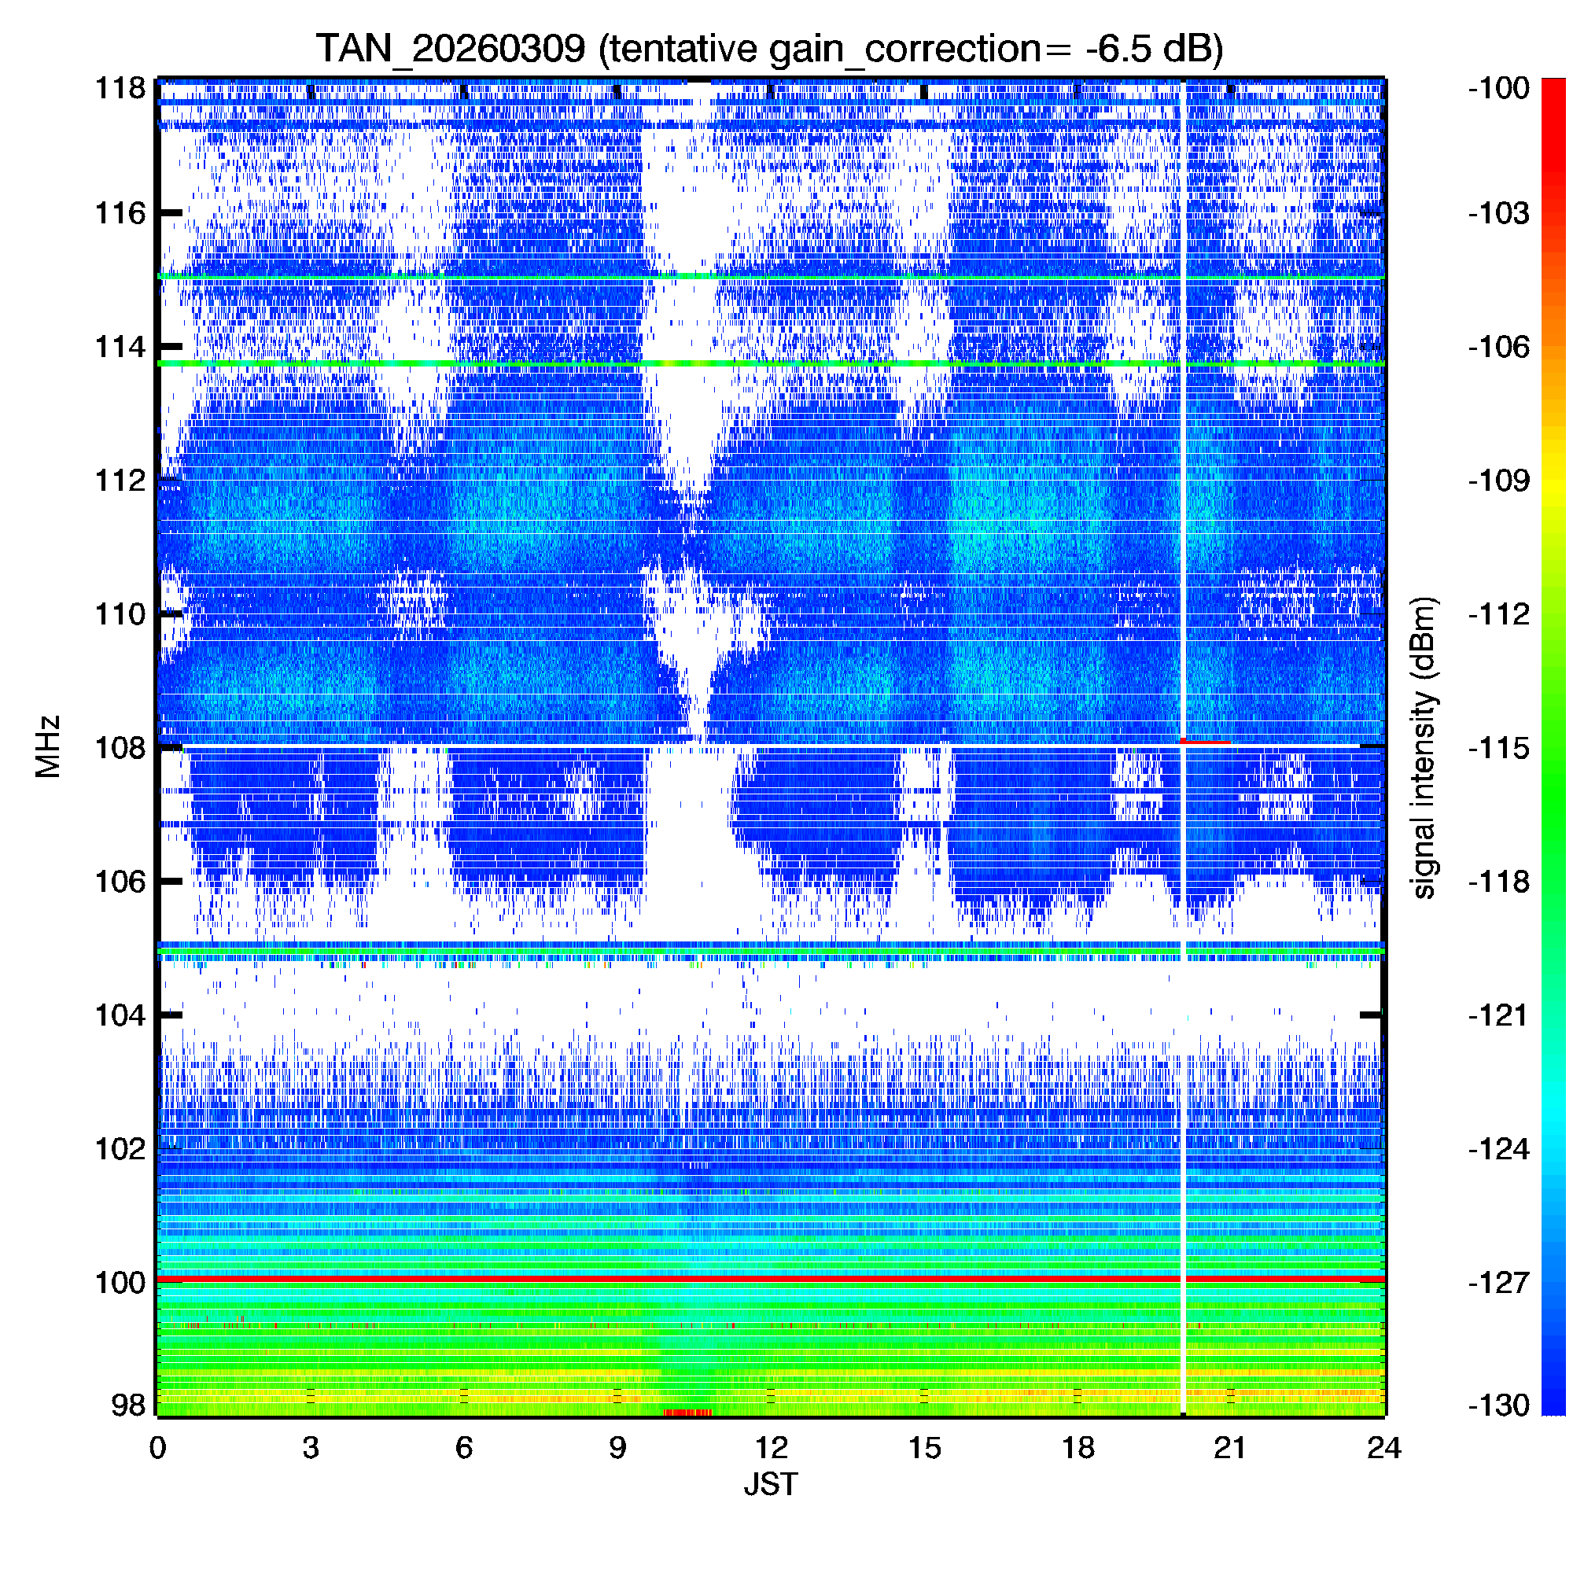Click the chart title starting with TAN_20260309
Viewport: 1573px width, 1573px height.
click(x=769, y=49)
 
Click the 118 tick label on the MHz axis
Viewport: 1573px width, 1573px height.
click(x=120, y=88)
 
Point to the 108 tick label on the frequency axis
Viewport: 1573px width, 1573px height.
click(x=120, y=747)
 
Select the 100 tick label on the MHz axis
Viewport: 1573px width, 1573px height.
click(x=120, y=1283)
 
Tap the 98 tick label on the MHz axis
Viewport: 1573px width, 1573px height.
click(x=128, y=1405)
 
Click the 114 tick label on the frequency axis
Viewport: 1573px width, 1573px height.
click(x=120, y=347)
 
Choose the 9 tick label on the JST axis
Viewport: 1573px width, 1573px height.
click(x=617, y=1448)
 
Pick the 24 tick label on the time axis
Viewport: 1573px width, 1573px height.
click(x=1384, y=1448)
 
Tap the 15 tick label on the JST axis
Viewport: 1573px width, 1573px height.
click(x=924, y=1448)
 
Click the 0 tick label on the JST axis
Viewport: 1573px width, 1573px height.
click(x=158, y=1448)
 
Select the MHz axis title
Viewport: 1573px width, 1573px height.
click(x=49, y=746)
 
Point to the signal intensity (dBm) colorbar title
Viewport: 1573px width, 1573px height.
click(x=1424, y=747)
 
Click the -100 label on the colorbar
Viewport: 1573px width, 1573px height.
click(x=1499, y=88)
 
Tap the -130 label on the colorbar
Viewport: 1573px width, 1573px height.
click(x=1499, y=1405)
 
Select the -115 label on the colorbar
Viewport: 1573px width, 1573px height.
click(x=1499, y=747)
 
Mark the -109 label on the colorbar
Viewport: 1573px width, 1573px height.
click(x=1499, y=481)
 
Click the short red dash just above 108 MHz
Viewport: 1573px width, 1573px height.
click(x=1206, y=741)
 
